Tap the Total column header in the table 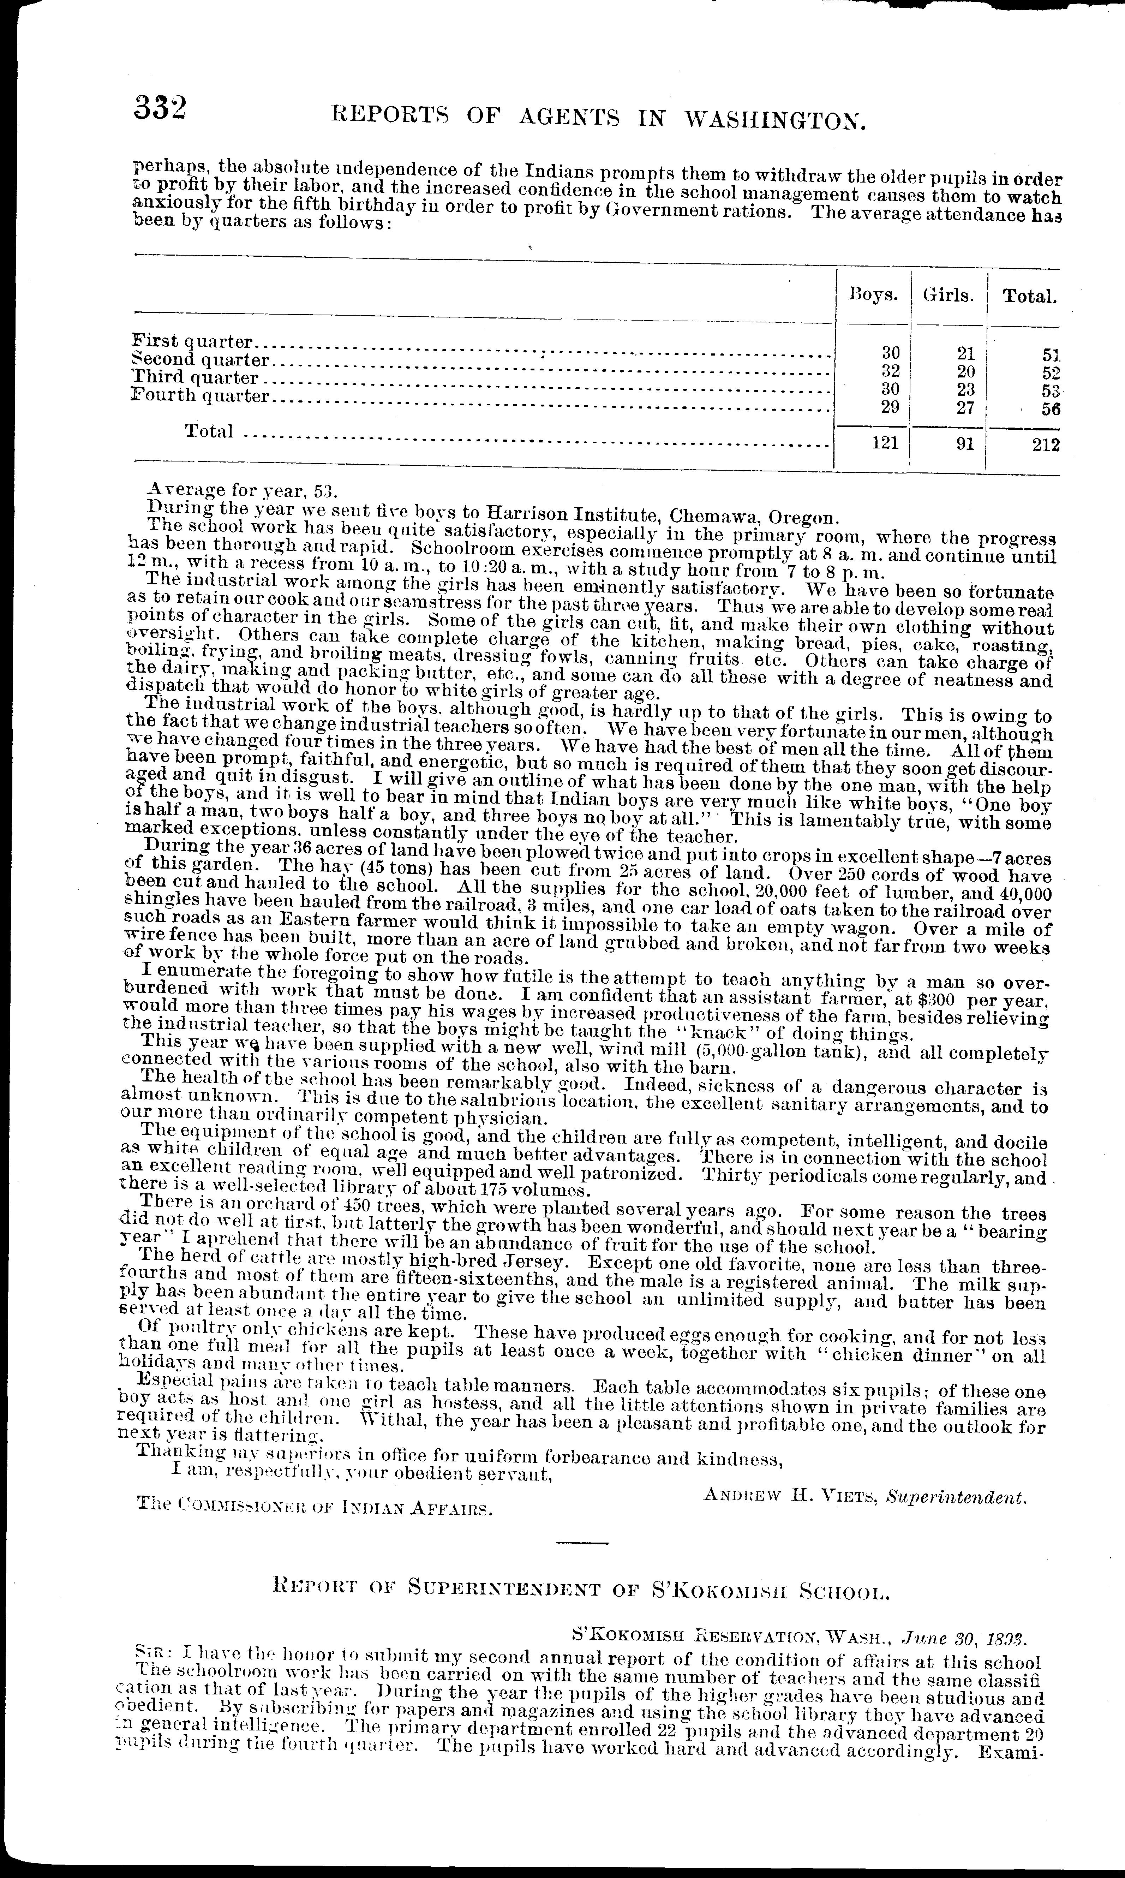pos(1029,297)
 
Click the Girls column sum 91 pos(964,445)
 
